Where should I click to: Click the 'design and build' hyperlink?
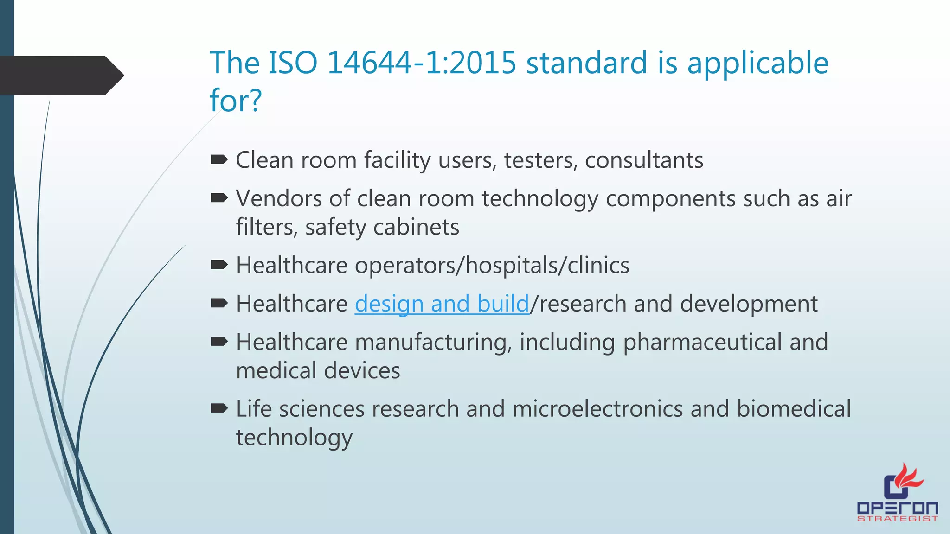click(x=442, y=304)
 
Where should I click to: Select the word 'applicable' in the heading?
click(x=757, y=64)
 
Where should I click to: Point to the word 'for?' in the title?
click(x=236, y=100)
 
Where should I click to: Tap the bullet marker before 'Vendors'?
click(x=219, y=198)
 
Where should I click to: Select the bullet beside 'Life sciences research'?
click(x=219, y=408)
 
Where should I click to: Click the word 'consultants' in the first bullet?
click(x=644, y=160)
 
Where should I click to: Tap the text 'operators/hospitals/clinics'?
click(x=492, y=266)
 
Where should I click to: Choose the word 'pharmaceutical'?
click(x=702, y=343)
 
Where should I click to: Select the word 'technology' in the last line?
click(x=294, y=438)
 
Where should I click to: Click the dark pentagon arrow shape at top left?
click(x=60, y=75)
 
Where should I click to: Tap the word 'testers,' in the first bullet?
click(x=541, y=160)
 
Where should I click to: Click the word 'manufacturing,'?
click(x=433, y=343)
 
